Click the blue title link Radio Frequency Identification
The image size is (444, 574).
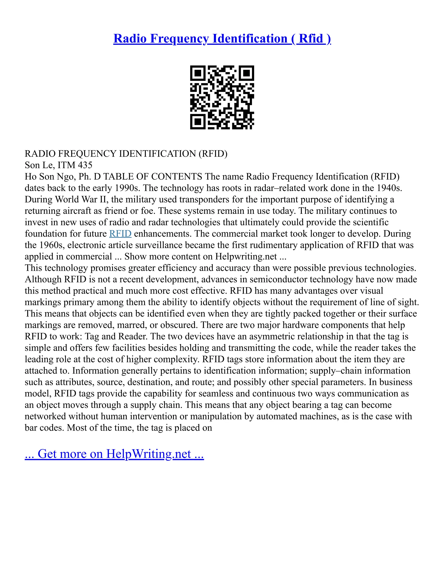[222, 39]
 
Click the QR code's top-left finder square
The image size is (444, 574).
[198, 73]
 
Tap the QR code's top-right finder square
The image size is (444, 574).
[246, 73]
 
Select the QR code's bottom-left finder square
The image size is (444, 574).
[198, 122]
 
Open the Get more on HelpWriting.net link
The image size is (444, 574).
[114, 454]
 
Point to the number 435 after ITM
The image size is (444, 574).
[85, 165]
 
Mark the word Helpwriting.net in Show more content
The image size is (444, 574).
[246, 256]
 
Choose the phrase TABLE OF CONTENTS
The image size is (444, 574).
[153, 177]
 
